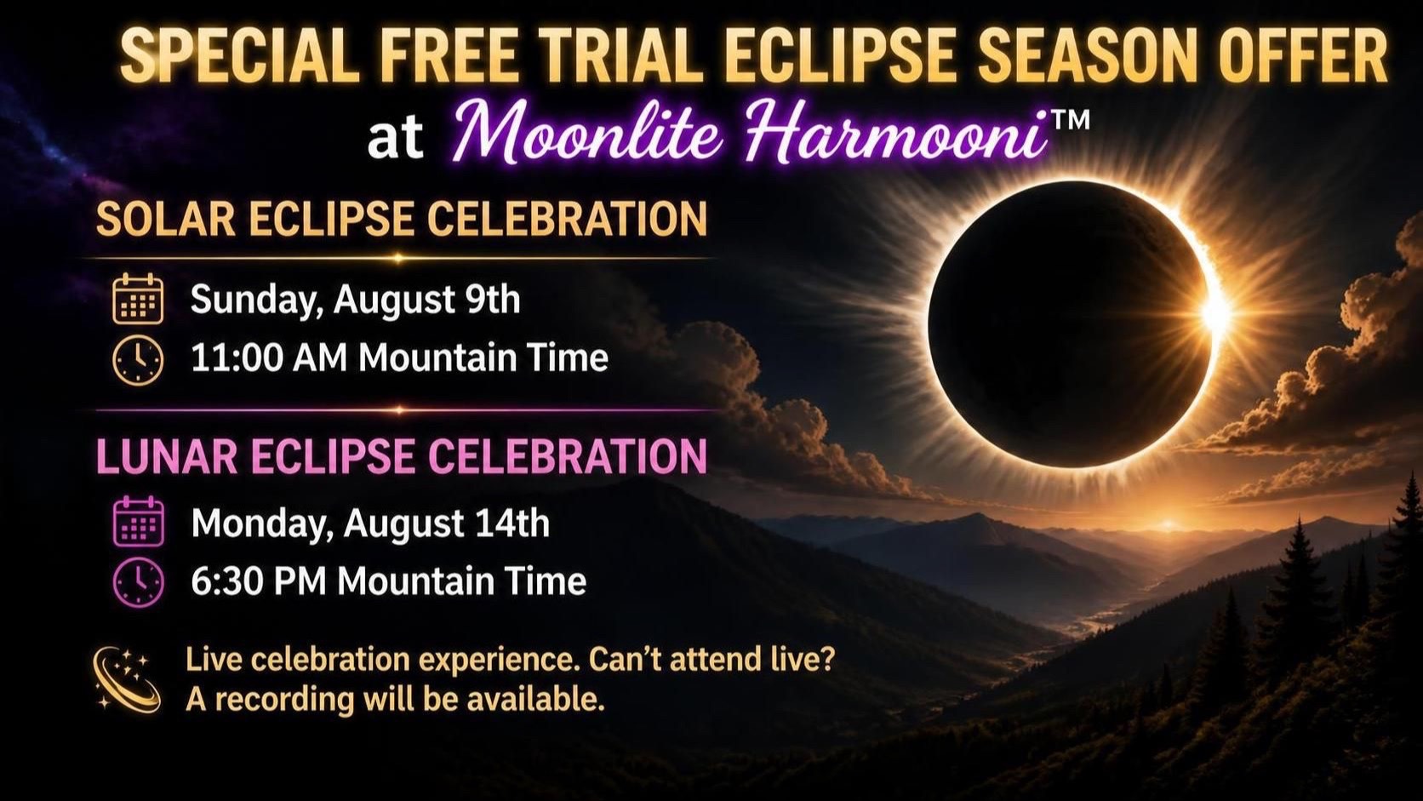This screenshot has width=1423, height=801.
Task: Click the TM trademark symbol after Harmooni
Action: (1071, 119)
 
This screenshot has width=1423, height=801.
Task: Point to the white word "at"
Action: (395, 138)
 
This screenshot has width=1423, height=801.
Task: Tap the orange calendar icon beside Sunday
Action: (138, 299)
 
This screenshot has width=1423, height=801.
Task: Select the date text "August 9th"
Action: (426, 300)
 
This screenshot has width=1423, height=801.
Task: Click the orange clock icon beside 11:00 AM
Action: (138, 359)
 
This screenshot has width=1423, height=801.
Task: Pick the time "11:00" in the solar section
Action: (236, 358)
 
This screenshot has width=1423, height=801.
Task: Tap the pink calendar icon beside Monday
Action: (139, 522)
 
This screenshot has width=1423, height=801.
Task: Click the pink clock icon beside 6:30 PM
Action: (139, 582)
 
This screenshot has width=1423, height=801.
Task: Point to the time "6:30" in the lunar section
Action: (226, 581)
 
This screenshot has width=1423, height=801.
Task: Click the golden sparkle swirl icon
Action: (126, 679)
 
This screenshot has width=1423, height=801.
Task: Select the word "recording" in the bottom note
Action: (284, 701)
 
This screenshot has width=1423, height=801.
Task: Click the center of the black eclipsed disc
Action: (1071, 325)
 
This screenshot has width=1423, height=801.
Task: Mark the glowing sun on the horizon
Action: (1168, 525)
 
